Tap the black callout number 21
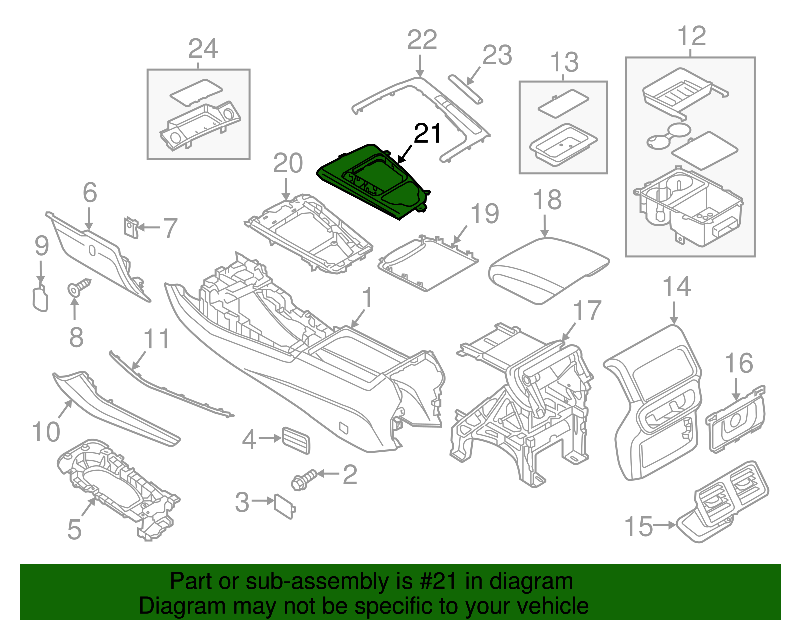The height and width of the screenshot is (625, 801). pyautogui.click(x=427, y=134)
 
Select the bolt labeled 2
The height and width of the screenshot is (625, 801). pyautogui.click(x=304, y=479)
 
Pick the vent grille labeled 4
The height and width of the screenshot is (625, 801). pyautogui.click(x=296, y=440)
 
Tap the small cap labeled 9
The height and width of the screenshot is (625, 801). pyautogui.click(x=40, y=299)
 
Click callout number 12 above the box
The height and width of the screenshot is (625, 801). pyautogui.click(x=691, y=36)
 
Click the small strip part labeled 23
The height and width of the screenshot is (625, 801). pyautogui.click(x=466, y=89)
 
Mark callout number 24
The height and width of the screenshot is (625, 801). pyautogui.click(x=203, y=49)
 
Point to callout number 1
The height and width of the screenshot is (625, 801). pyautogui.click(x=368, y=298)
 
